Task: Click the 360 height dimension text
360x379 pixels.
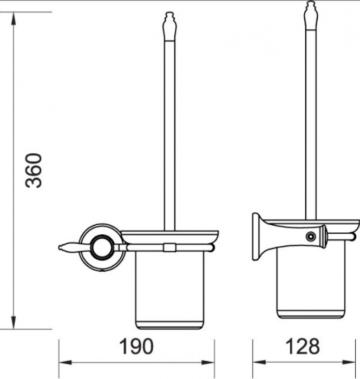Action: point(35,170)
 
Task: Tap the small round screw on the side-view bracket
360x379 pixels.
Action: point(310,236)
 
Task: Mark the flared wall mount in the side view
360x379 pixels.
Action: point(261,237)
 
